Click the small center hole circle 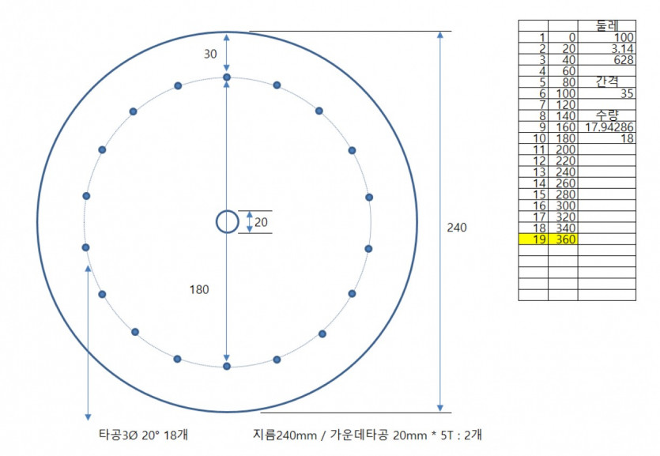(x=228, y=212)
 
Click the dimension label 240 (x=457, y=228)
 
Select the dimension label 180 (x=199, y=289)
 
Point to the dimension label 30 (x=210, y=54)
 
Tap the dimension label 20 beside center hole (x=261, y=222)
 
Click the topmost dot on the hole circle (x=227, y=77)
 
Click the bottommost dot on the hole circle (x=227, y=367)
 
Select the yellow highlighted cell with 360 (x=563, y=239)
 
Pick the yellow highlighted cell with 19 (x=534, y=239)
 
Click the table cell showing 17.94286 (x=606, y=126)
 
